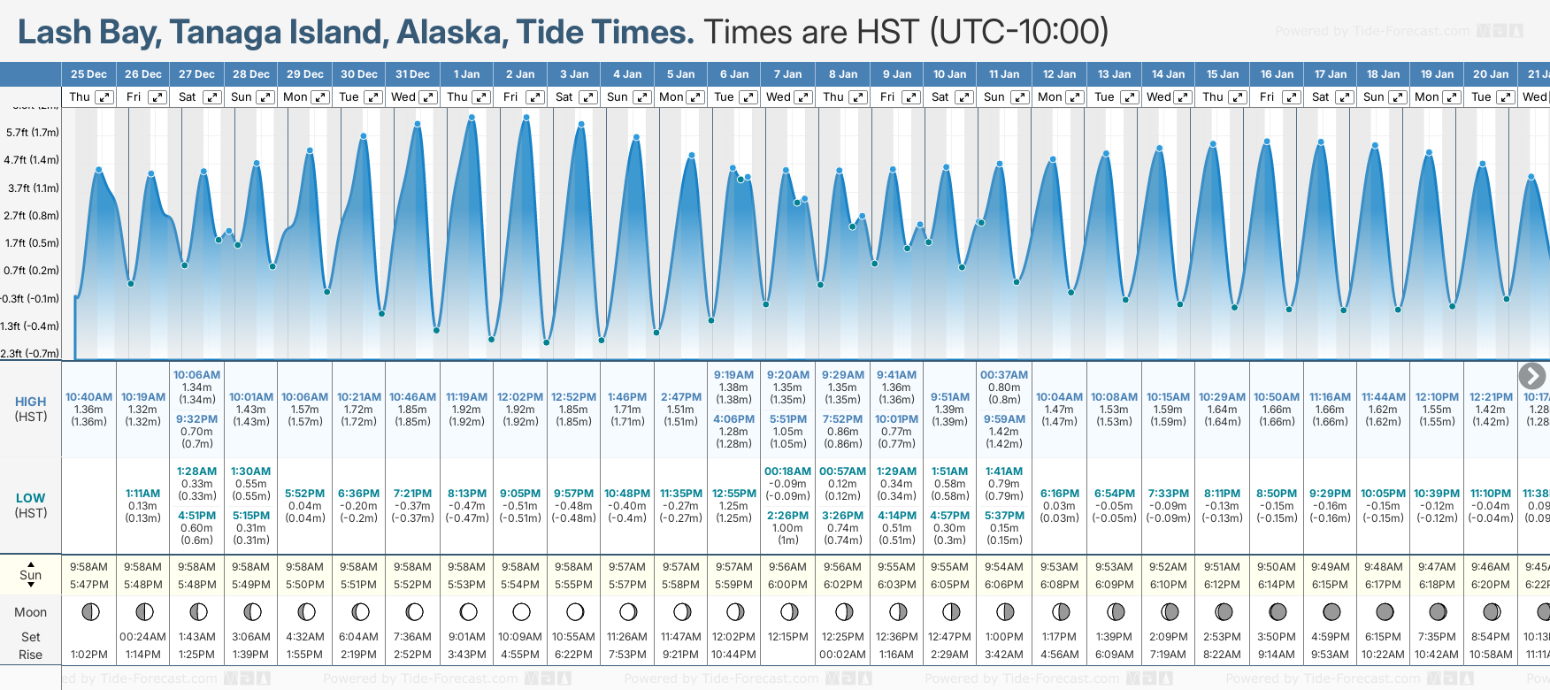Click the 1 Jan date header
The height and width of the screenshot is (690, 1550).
click(466, 74)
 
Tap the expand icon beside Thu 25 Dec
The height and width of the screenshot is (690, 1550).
click(104, 97)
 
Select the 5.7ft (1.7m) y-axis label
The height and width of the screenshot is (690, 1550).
click(32, 133)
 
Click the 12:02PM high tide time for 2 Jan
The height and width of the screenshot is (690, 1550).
click(520, 397)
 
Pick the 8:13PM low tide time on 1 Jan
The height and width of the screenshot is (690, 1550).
click(466, 494)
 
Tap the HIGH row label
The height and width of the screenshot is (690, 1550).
click(31, 402)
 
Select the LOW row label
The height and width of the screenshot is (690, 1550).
click(31, 498)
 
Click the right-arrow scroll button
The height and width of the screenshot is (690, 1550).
click(1531, 376)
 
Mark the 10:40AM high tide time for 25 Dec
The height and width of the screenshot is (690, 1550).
click(88, 397)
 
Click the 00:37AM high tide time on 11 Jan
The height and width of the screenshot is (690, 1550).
click(1004, 375)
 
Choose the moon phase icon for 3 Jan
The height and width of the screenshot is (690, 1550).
click(574, 611)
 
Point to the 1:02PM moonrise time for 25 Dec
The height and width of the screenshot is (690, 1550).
click(88, 655)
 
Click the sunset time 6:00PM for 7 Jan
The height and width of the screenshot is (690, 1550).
click(787, 585)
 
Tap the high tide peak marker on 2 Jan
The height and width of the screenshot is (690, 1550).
click(526, 118)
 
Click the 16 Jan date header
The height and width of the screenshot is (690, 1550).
click(1277, 74)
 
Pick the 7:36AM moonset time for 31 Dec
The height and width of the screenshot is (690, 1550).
click(412, 637)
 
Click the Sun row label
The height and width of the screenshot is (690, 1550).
click(31, 575)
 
